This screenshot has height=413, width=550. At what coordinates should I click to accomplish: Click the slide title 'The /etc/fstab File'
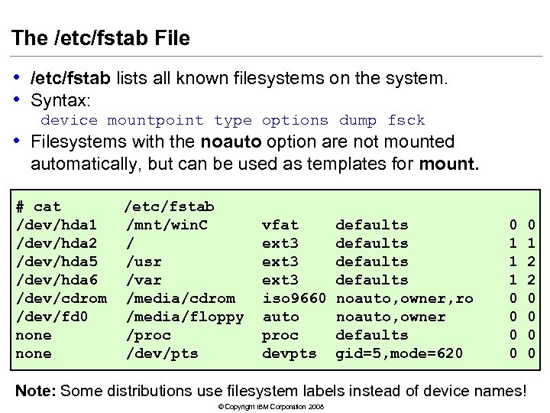pos(101,38)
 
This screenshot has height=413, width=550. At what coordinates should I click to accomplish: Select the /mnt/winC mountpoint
pos(166,225)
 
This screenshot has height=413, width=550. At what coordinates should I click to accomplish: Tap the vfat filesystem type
pos(280,225)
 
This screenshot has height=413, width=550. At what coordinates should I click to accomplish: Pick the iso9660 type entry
pos(294,298)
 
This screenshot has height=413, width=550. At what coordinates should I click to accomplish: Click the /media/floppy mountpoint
pos(184,317)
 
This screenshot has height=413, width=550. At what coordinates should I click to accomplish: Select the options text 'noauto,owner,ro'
pos(404,298)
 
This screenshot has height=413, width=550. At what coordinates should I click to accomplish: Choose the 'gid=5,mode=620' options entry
pos(400,353)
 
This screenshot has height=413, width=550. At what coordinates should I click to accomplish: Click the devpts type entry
pos(290,353)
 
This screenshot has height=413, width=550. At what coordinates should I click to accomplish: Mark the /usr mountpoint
pos(143,262)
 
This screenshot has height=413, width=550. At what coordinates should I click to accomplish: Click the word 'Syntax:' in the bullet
pos(60,100)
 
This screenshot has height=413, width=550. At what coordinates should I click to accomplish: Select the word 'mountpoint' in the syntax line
pos(156,121)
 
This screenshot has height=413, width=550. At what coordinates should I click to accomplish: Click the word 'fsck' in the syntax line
pos(406,121)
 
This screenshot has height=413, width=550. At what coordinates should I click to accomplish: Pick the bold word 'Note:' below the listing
pos(35,391)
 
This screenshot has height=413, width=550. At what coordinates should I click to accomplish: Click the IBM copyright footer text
pos(270,406)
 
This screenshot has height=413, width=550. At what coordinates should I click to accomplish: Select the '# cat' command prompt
pos(38,206)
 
